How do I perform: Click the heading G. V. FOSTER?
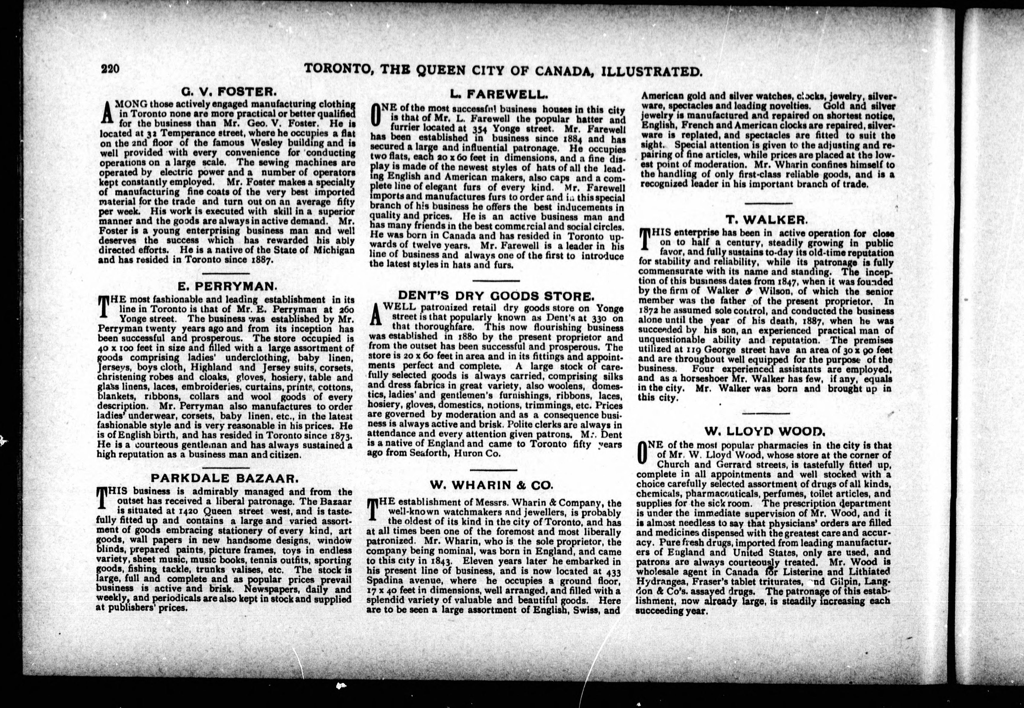[x=229, y=93]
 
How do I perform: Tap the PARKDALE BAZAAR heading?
[x=223, y=478]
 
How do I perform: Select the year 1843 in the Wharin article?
[x=439, y=561]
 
